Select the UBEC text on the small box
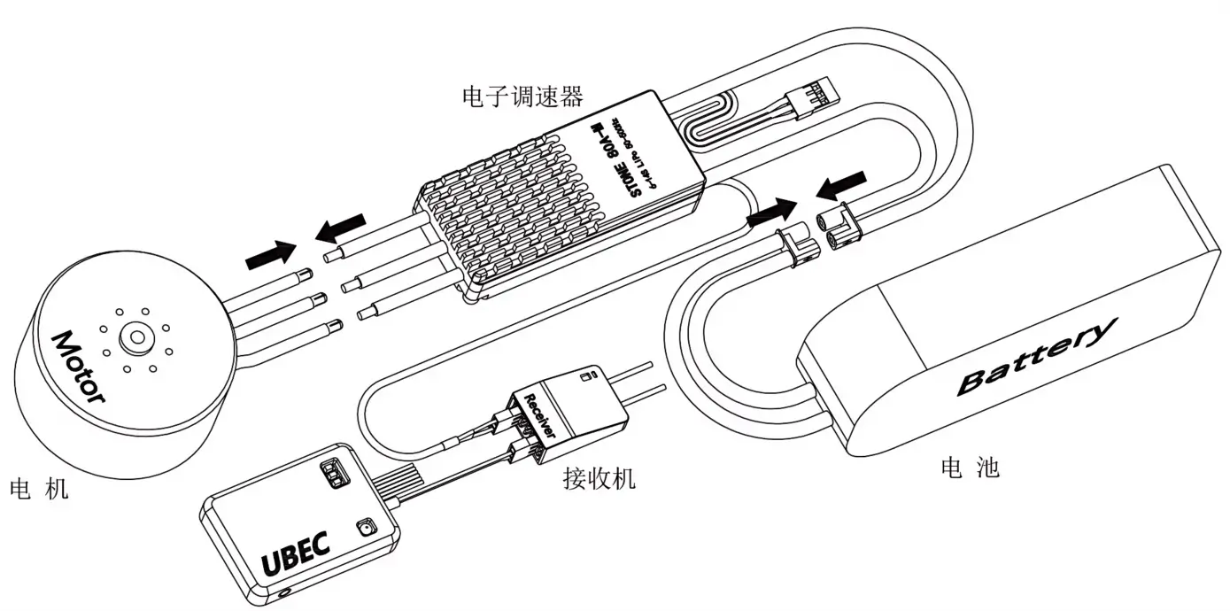296,553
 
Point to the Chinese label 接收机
600,479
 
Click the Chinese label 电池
971,467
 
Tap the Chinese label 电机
39,490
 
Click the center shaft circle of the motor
135,336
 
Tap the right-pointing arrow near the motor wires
271,255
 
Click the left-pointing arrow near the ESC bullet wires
340,227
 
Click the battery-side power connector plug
840,228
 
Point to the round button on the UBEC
363,530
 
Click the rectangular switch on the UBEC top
335,473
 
